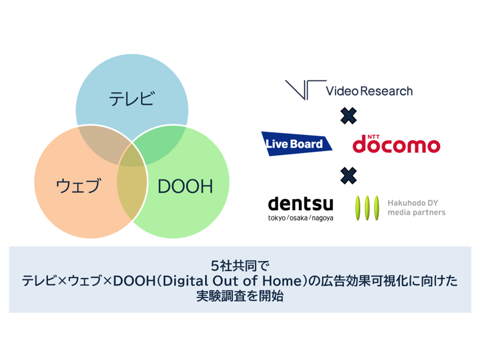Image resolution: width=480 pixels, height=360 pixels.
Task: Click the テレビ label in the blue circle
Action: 131,98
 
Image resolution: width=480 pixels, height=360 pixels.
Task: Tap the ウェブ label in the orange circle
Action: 78,185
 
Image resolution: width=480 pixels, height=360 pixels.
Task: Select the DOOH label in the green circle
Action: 185,186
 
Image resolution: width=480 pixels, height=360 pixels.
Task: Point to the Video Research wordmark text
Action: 369,91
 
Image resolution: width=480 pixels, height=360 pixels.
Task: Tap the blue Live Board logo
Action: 296,143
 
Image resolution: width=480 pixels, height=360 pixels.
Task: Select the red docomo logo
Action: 397,144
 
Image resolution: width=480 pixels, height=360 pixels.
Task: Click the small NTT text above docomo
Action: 373,137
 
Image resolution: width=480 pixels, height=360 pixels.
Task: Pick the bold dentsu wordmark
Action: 301,203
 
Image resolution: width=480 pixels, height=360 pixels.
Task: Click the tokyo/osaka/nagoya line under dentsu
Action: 301,218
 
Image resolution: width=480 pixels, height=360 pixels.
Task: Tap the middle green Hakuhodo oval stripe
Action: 367,208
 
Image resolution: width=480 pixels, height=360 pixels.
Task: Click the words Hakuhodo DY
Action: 413,203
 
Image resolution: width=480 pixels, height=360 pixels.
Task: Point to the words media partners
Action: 416,212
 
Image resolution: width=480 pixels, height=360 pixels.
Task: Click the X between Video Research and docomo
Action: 349,116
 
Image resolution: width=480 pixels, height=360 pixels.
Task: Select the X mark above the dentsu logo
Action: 349,176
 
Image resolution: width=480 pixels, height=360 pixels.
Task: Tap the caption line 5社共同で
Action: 240,266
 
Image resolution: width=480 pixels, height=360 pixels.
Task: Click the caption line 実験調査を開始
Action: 240,296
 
